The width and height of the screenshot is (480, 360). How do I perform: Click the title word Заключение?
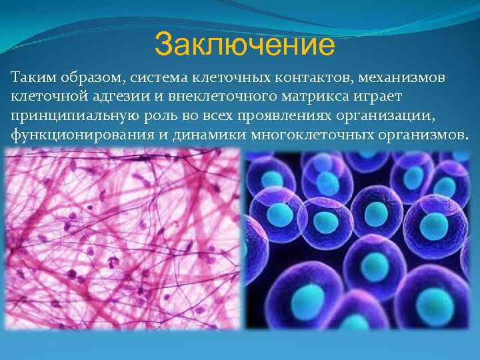click(244, 45)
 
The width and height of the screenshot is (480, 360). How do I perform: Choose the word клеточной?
click(46, 97)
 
